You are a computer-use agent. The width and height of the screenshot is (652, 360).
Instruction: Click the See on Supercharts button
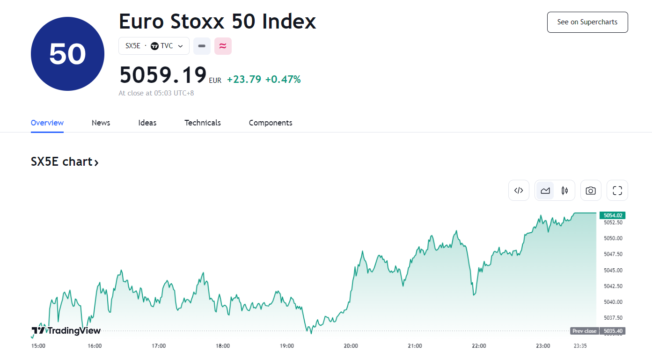[587, 22]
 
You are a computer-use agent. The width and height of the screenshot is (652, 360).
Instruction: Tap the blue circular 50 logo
[67, 54]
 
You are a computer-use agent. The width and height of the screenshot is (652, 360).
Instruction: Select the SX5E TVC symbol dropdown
[154, 46]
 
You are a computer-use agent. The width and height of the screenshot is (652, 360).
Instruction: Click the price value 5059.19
[163, 75]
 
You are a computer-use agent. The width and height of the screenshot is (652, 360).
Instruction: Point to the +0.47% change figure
[283, 80]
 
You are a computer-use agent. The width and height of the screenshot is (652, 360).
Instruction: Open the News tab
[101, 123]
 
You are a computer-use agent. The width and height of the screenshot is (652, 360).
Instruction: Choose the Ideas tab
[147, 123]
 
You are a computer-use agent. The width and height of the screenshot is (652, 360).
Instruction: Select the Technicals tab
[203, 123]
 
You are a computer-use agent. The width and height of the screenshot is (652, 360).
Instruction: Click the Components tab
[271, 123]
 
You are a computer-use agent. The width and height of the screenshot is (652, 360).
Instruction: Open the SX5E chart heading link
[65, 162]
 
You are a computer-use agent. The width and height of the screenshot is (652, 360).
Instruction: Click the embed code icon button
[519, 191]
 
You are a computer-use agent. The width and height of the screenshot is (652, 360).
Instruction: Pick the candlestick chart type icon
[564, 191]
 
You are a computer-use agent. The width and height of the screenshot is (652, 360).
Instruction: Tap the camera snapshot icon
[591, 191]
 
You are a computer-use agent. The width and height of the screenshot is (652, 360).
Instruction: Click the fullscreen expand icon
[617, 191]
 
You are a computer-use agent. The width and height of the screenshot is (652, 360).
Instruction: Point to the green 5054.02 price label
[613, 215]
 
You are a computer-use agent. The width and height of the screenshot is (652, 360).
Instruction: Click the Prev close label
[585, 331]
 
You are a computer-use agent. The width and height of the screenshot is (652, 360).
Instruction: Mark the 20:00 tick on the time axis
[351, 346]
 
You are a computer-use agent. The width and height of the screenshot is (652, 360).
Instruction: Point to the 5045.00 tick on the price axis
[613, 270]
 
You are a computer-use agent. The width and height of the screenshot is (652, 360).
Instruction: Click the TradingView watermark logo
[66, 331]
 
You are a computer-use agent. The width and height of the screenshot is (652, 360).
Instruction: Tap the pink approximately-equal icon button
[223, 46]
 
